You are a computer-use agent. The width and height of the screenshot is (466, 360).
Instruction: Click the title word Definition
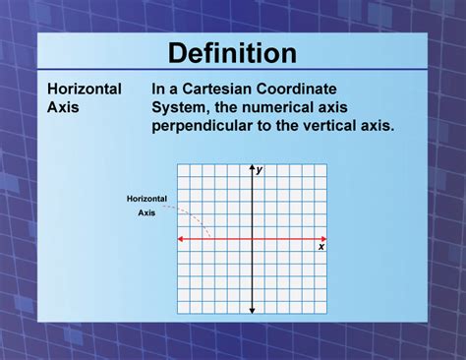[x=232, y=52]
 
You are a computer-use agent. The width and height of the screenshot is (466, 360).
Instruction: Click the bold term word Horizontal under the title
[x=85, y=89]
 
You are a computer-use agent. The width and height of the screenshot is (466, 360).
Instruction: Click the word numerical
[x=278, y=107]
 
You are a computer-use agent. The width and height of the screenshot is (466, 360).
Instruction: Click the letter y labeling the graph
[x=260, y=170]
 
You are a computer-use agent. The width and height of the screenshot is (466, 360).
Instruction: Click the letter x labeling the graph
[x=321, y=247]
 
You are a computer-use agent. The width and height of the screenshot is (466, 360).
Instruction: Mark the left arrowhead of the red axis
[x=180, y=239]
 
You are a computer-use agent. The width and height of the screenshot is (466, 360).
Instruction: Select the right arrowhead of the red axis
[x=324, y=239]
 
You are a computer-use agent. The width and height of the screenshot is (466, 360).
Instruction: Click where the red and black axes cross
[x=252, y=239]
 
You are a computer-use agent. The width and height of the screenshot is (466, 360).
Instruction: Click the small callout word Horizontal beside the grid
[x=146, y=199]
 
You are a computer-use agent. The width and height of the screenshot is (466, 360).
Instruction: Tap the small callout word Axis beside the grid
[x=146, y=211]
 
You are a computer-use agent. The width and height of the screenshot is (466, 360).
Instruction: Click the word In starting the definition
[x=159, y=89]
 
